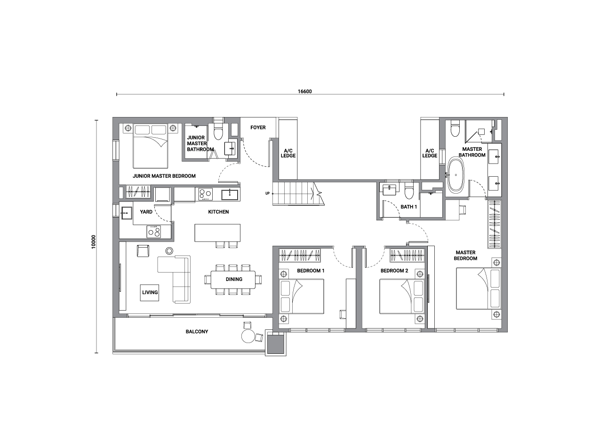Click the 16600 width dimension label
[304, 92]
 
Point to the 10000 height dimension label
[94, 242]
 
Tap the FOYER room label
[258, 127]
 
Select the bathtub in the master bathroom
[455, 175]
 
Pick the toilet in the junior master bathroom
[218, 131]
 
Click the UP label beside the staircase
[267, 194]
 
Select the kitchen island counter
[217, 233]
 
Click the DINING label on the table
[234, 279]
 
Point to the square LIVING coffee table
[149, 293]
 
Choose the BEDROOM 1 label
[311, 271]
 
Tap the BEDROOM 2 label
[394, 271]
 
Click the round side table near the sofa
[169, 251]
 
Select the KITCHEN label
[218, 212]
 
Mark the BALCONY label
[197, 331]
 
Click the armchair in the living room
[143, 250]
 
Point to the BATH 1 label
[408, 207]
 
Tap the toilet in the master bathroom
[455, 128]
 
